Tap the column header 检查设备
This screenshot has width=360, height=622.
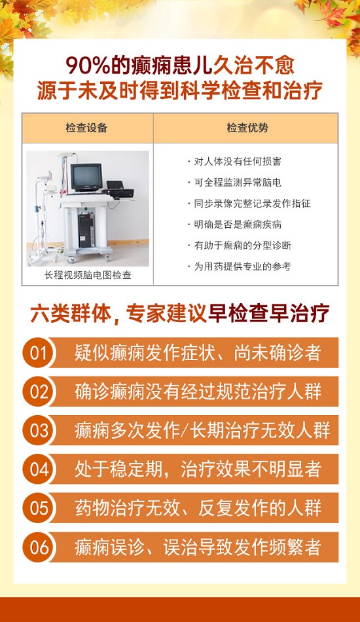tap(86, 128)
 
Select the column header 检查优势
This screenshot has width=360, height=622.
tap(247, 128)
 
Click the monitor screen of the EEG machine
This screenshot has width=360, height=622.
tap(86, 177)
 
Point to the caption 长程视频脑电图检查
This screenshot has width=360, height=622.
tap(88, 275)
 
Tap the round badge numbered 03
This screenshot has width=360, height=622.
tap(38, 430)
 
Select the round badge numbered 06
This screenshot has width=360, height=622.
tap(38, 547)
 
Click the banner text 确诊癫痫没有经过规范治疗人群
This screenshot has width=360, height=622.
tap(198, 392)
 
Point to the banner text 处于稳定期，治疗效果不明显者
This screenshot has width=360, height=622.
tap(198, 469)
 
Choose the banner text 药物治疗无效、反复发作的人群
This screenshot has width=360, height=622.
tap(198, 509)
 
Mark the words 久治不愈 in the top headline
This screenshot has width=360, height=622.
tap(254, 66)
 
